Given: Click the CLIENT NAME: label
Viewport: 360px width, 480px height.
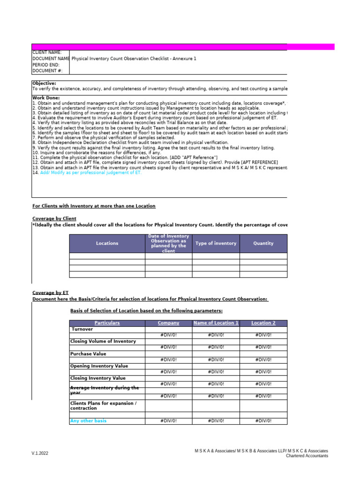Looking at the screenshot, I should coord(46,52).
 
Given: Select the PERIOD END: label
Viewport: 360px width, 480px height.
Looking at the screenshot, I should coord(46,65).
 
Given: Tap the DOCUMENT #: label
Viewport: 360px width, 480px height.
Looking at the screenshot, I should coord(47,71).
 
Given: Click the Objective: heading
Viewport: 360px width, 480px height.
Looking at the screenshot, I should coord(44,83).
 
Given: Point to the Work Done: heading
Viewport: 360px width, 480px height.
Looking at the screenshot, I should coord(45,97).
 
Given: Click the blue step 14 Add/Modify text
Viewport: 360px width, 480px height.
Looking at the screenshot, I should coord(90,172).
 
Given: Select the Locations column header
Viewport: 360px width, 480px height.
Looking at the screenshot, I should coord(107,243).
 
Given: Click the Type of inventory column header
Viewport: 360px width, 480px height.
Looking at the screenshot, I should coord(216,243).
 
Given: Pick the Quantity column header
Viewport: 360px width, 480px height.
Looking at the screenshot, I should coord(263,243).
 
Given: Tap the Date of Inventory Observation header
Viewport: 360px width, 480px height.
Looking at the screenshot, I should coord(168,243).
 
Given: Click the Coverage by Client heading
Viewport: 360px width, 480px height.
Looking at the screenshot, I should coord(54,218).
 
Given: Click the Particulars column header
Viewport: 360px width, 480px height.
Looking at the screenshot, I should coord(107,323).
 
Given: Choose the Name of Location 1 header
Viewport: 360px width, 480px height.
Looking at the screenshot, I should coord(216,323).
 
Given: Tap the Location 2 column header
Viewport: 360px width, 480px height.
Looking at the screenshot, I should coord(263,323).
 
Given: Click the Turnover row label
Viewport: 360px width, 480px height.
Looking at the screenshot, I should coord(82,329).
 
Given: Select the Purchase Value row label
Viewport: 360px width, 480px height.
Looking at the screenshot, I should coord(88,354).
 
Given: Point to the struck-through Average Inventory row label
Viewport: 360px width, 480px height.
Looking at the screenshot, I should coord(104,390).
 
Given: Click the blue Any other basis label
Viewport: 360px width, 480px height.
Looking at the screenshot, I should coord(88,420).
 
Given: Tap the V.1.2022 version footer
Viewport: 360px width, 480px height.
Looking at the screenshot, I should coord(40,453).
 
